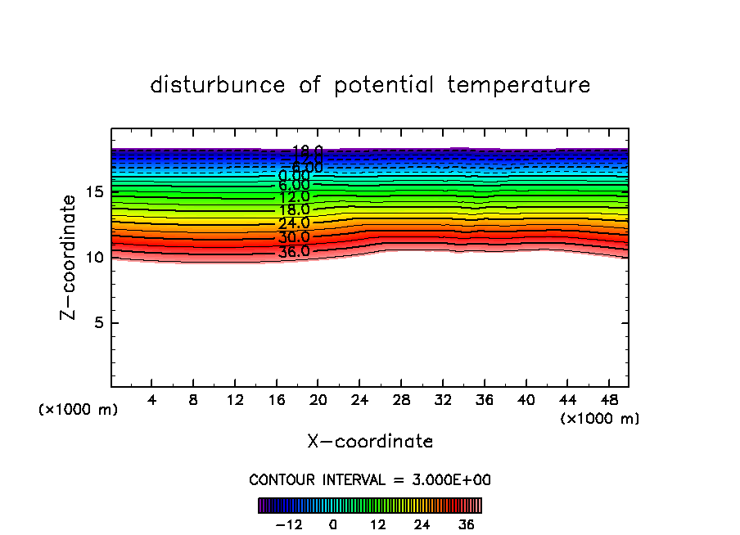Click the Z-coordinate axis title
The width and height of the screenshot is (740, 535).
70,257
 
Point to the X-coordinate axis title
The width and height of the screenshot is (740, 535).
370,442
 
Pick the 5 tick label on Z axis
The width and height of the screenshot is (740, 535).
98,322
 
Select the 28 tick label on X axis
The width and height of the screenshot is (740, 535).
401,400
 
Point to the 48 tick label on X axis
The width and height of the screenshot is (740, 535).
608,400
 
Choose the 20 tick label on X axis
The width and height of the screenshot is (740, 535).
318,400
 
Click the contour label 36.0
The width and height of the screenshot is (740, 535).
294,252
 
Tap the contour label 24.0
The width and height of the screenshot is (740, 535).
294,223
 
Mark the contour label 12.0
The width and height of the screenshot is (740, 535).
294,197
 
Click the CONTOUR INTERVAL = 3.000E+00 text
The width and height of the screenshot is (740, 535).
370,479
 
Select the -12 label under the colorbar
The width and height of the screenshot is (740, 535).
290,524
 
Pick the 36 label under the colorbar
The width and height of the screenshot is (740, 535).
466,524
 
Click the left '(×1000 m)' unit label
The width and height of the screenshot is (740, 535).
79,410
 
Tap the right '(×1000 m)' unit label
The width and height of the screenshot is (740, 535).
600,419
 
